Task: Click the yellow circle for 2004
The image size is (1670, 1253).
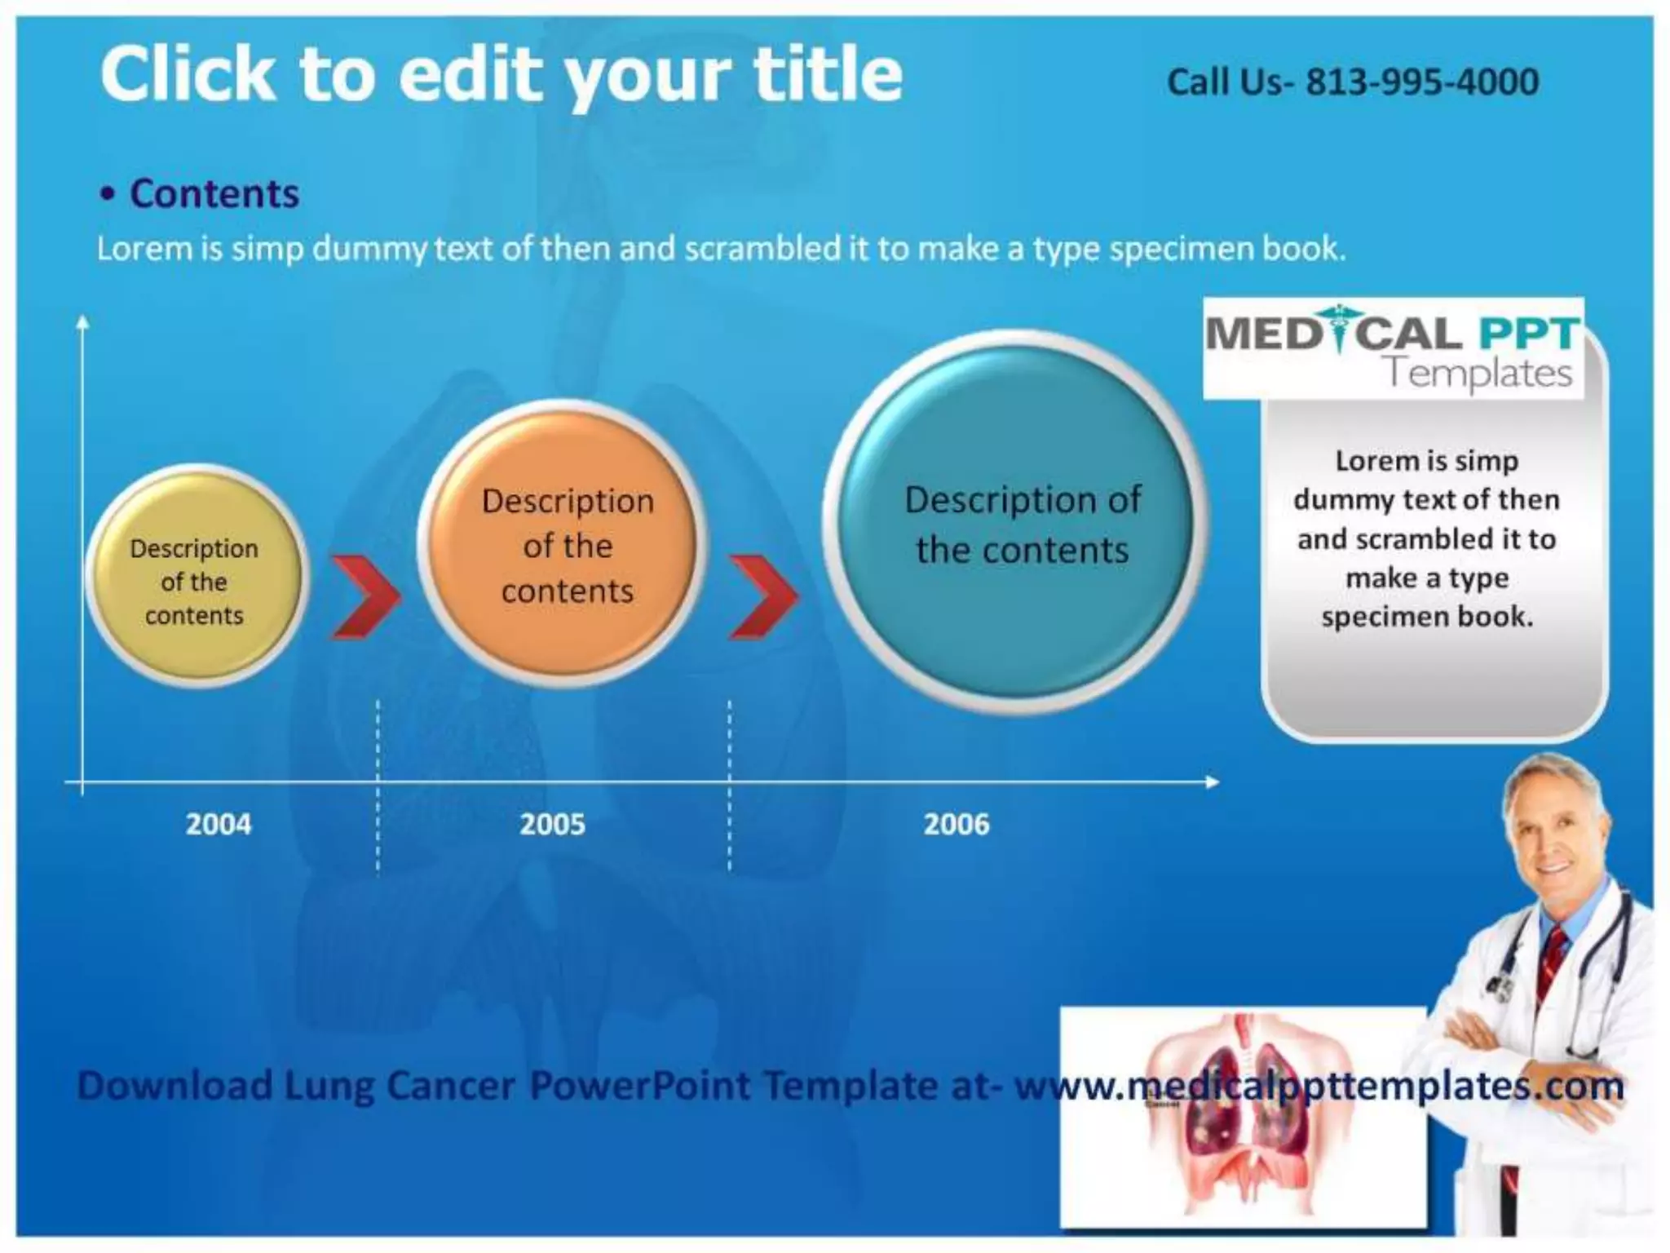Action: click(196, 577)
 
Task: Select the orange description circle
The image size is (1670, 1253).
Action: click(563, 543)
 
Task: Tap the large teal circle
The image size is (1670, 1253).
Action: click(1016, 522)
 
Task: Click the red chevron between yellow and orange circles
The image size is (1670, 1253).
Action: click(364, 596)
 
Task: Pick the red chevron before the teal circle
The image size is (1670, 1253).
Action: click(762, 596)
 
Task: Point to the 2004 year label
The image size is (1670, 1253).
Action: click(219, 824)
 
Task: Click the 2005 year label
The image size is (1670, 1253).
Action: click(552, 824)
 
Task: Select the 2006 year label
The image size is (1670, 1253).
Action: click(956, 824)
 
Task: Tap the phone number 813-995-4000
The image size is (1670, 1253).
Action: click(1422, 82)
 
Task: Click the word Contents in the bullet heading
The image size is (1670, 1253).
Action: click(214, 194)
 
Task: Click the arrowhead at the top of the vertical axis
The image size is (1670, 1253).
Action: click(82, 324)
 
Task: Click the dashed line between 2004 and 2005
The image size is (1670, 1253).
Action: click(378, 783)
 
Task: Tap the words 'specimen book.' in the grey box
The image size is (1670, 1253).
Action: click(1427, 617)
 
